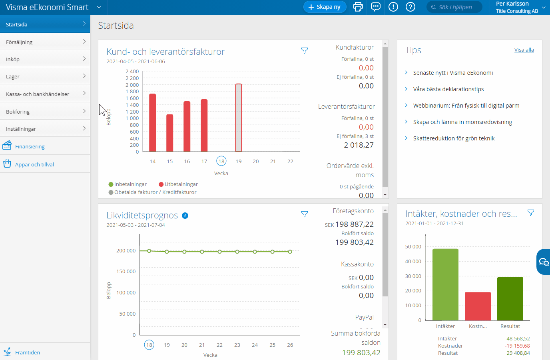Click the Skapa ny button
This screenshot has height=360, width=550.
tap(325, 7)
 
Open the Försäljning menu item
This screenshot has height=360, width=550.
tap(45, 42)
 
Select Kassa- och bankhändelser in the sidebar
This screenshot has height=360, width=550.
tap(45, 94)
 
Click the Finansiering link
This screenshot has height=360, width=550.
tap(30, 146)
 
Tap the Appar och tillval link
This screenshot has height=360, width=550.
tap(34, 164)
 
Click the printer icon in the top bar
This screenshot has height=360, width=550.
tap(358, 7)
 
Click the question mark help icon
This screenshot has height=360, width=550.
tap(411, 7)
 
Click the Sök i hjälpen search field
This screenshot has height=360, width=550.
tap(456, 7)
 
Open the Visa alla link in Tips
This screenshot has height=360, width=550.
tap(524, 50)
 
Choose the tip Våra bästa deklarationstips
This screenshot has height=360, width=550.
tap(448, 89)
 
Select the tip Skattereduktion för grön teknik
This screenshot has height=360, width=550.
tap(454, 138)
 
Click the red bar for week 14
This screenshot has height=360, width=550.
tap(152, 122)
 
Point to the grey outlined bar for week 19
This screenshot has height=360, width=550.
tap(239, 118)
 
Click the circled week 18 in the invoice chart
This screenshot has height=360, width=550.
tap(221, 161)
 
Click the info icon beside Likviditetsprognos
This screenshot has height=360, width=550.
tap(185, 216)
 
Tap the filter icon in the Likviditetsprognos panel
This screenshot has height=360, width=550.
tap(305, 214)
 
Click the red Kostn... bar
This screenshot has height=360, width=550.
tap(478, 306)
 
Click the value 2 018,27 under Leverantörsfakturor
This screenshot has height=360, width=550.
tap(359, 145)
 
